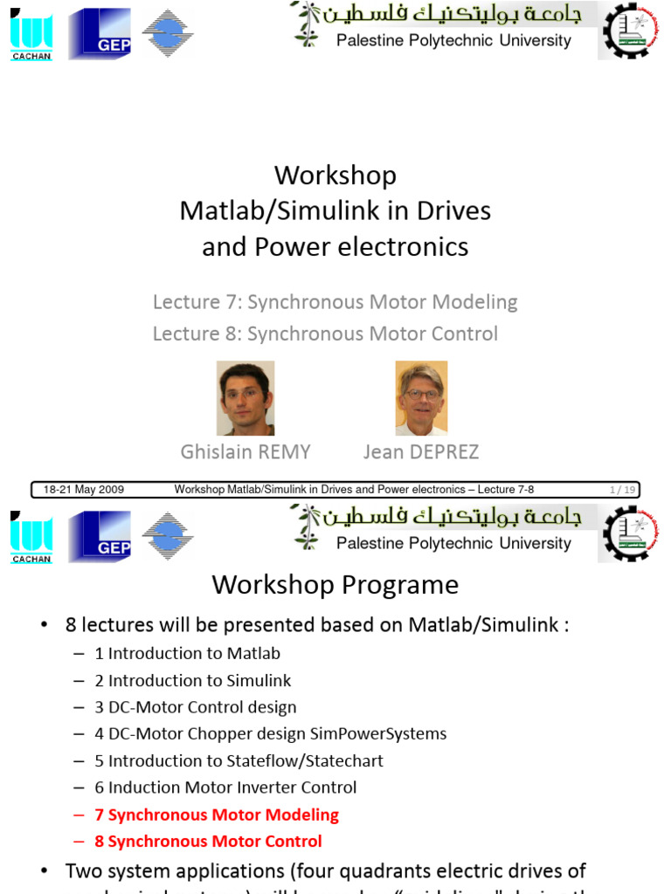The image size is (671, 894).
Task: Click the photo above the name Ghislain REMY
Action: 246,398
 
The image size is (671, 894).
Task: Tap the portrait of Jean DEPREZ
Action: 421,398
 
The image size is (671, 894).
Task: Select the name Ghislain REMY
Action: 246,451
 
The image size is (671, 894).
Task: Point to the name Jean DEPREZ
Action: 421,451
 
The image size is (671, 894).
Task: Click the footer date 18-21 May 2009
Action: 84,490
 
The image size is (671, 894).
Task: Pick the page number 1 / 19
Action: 622,490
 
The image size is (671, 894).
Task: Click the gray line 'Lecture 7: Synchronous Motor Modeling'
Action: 335,302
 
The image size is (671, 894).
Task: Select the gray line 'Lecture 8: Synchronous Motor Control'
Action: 325,334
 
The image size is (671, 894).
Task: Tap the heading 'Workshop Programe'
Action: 335,584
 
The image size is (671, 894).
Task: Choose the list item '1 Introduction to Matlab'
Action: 187,653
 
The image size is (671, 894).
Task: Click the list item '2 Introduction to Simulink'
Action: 192,680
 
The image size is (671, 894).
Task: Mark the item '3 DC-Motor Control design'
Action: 195,707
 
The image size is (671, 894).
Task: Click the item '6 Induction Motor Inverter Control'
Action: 225,787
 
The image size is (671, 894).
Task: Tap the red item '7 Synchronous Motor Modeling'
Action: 217,815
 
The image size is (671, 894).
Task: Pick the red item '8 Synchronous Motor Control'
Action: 208,842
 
